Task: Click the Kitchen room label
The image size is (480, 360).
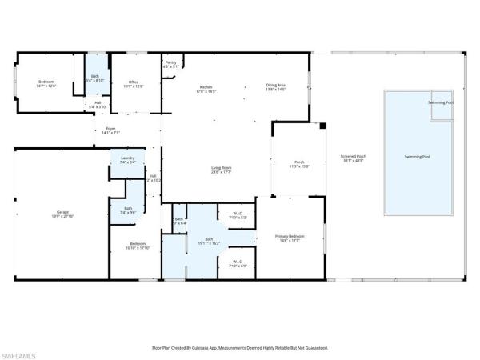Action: coord(206,89)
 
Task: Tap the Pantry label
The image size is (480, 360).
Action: coord(170,64)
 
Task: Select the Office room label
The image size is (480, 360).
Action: coord(134,83)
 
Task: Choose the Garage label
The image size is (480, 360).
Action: coord(62,214)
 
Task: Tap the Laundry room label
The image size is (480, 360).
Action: coord(127,160)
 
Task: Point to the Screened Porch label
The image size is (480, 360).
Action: coord(352,158)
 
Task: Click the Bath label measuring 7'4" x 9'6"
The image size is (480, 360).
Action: coord(128,210)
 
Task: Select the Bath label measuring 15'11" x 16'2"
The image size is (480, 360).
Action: coord(209,241)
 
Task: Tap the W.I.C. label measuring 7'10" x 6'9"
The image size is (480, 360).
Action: coord(238,262)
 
